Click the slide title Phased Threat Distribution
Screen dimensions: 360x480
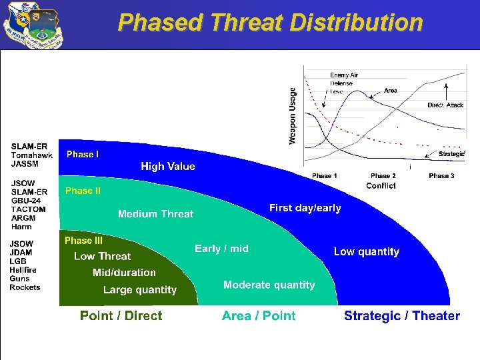click(x=270, y=23)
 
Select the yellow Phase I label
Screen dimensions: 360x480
click(x=83, y=155)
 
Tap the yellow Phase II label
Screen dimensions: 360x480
click(x=83, y=191)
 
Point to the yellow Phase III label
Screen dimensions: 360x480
click(x=83, y=241)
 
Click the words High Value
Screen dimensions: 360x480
click(x=168, y=167)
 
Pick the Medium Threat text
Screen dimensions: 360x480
click(x=155, y=214)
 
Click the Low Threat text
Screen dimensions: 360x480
click(x=102, y=256)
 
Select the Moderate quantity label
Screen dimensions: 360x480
click(x=269, y=285)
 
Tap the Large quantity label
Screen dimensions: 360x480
click(x=140, y=290)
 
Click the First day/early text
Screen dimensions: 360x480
click(x=305, y=208)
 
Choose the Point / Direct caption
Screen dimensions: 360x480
click(x=121, y=316)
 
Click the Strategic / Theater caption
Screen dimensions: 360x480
click(x=401, y=316)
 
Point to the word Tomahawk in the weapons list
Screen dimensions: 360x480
click(x=31, y=155)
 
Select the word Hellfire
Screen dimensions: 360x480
click(x=23, y=270)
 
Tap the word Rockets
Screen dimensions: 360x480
click(x=25, y=287)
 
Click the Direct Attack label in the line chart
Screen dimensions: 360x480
click(x=445, y=105)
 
